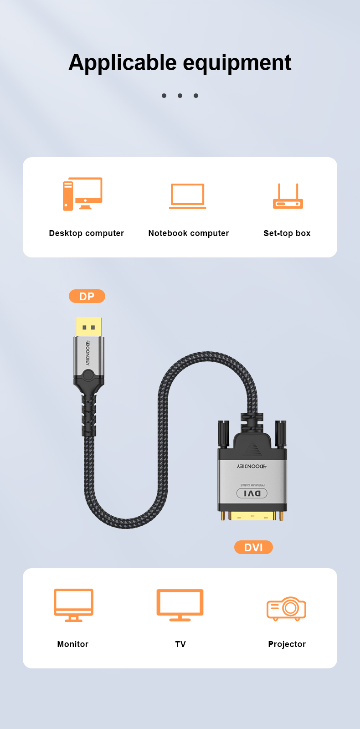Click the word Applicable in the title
[x=123, y=63]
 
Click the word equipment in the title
[x=237, y=63]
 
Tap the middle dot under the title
[x=180, y=96]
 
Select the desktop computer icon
[x=82, y=194]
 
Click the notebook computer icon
[x=187, y=196]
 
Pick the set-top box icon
[x=288, y=196]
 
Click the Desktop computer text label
[x=87, y=233]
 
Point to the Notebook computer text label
[x=189, y=233]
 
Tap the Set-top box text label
[x=287, y=233]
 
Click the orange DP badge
[x=87, y=296]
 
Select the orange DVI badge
[x=253, y=547]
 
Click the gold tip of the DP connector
[x=89, y=327]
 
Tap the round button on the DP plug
[x=88, y=375]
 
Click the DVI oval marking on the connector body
[x=252, y=493]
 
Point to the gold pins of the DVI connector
[x=252, y=516]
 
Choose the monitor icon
[x=73, y=605]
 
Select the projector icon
[x=287, y=609]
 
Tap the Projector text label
[x=287, y=644]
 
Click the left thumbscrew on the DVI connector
[x=224, y=433]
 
